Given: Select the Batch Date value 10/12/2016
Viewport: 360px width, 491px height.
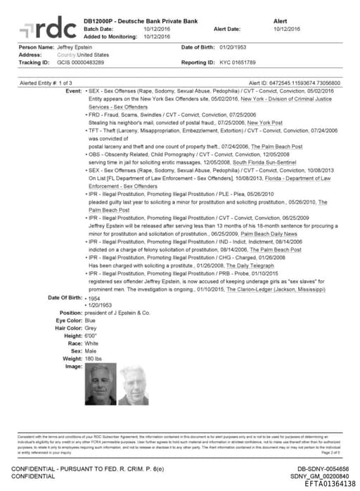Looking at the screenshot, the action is (157, 29).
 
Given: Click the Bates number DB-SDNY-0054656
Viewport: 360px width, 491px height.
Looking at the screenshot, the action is (322, 468).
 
